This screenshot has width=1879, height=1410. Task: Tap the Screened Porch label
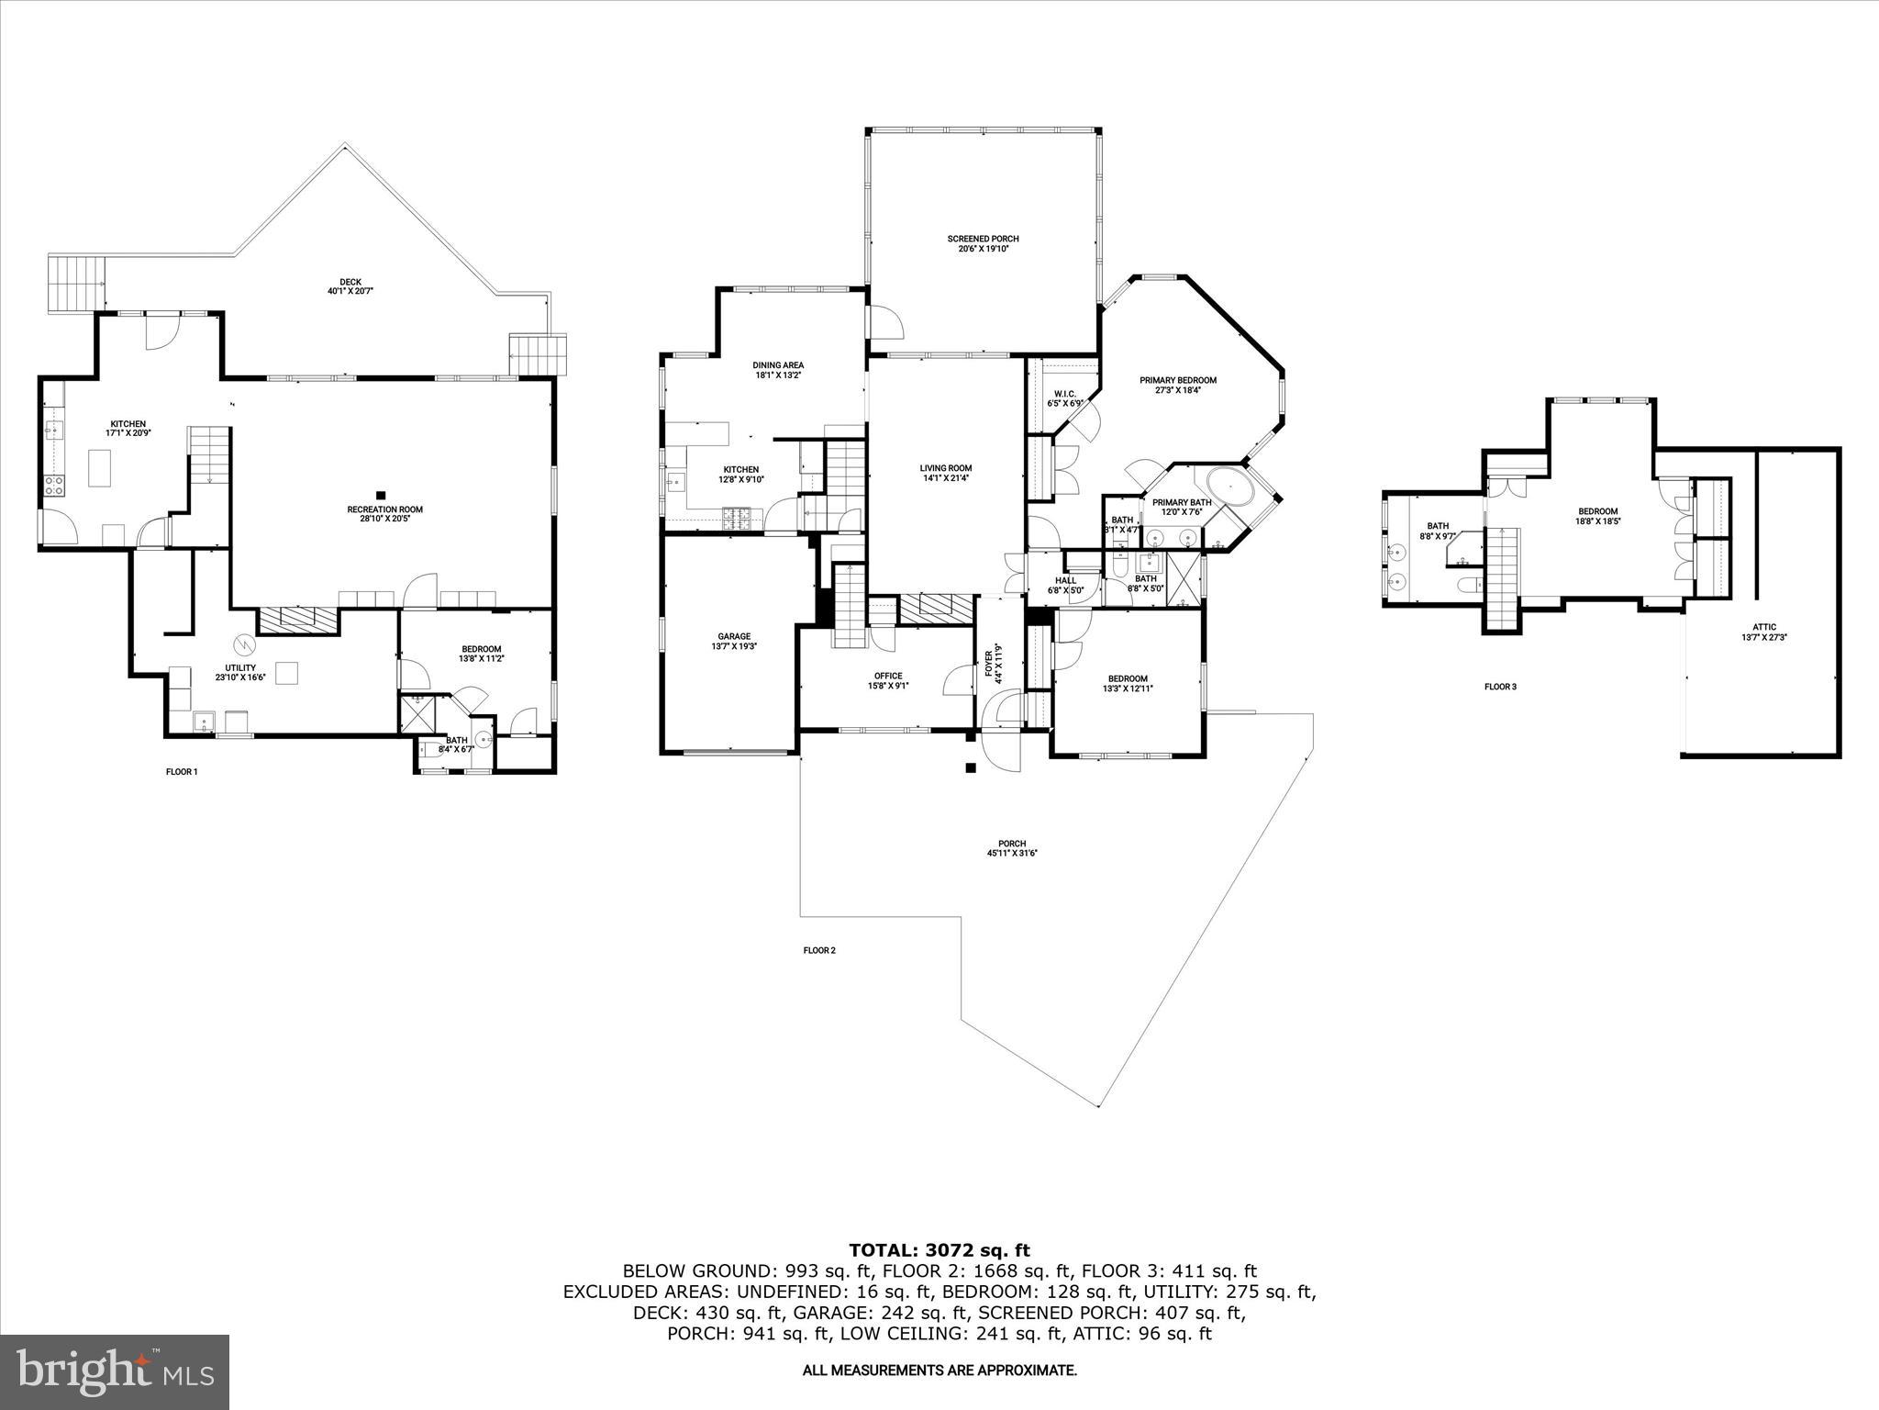(983, 239)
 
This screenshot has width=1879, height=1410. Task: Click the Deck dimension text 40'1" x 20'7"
(350, 291)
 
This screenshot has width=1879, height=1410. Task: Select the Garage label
(734, 636)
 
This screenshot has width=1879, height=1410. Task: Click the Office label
(887, 676)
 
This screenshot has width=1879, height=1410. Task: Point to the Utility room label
(240, 667)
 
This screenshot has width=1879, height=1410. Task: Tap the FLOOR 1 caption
(182, 772)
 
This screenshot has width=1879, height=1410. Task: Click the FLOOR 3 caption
(1500, 687)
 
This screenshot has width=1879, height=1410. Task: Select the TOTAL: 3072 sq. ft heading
(939, 1249)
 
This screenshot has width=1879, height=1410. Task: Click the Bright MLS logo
(115, 1372)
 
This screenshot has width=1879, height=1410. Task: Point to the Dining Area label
(778, 365)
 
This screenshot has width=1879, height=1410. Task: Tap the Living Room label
(945, 468)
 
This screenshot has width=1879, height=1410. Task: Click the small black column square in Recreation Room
(382, 495)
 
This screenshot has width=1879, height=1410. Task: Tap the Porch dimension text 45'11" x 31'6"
(1012, 853)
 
